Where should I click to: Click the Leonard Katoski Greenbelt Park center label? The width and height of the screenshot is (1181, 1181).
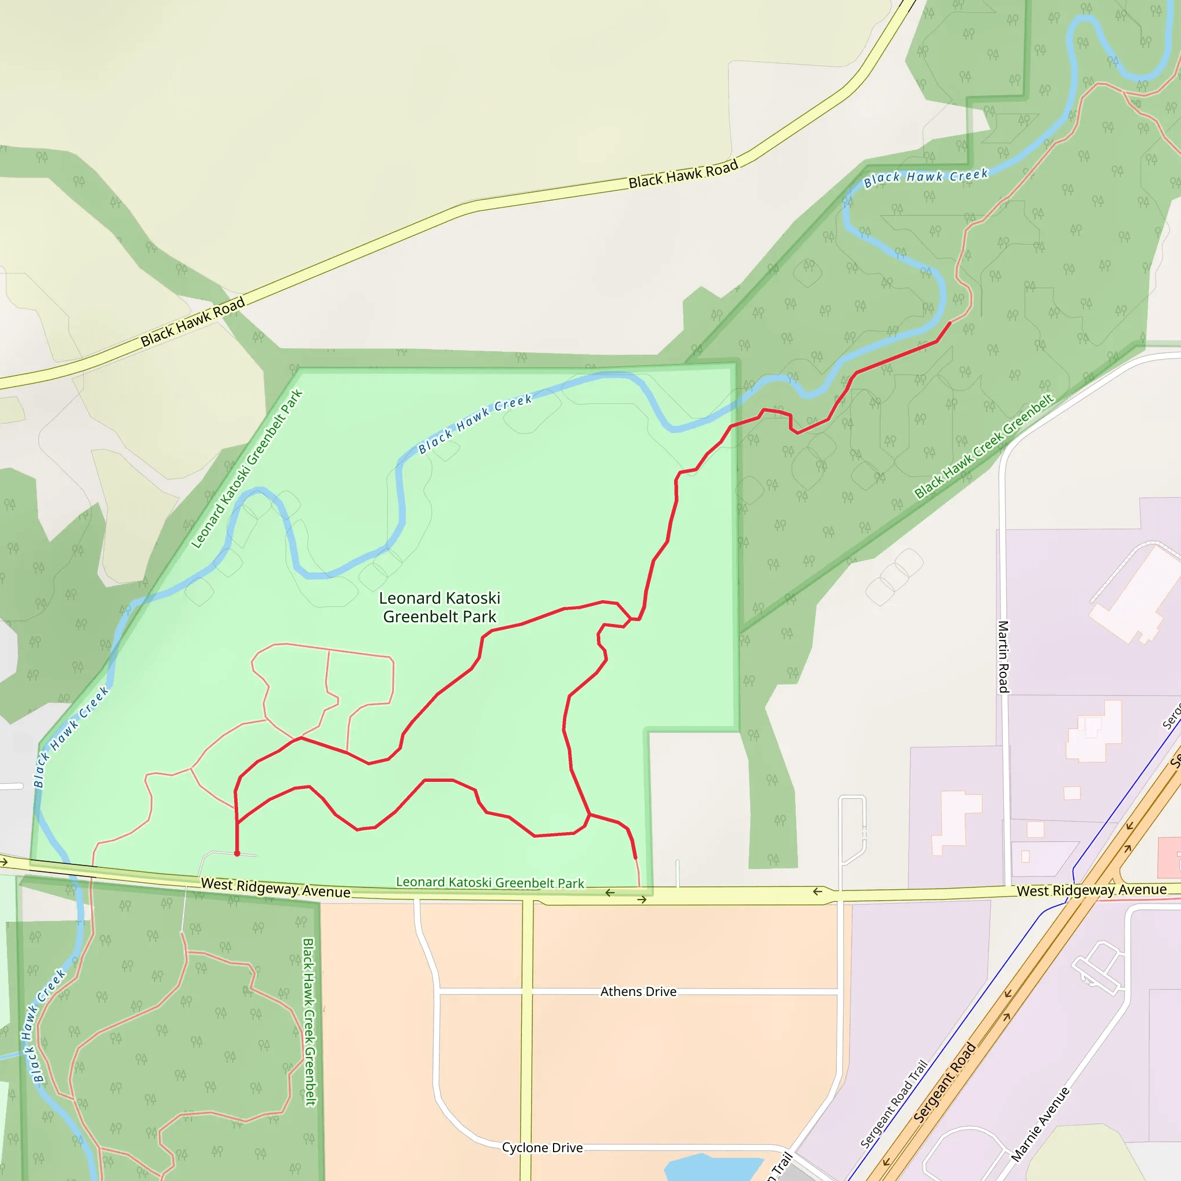[x=439, y=607]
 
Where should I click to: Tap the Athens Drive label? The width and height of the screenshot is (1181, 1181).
[x=638, y=991]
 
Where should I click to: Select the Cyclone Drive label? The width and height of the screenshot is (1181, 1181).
[x=542, y=1148]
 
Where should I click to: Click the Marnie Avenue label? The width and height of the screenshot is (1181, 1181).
[x=1040, y=1124]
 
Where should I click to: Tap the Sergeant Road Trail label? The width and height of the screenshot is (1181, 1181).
[x=894, y=1104]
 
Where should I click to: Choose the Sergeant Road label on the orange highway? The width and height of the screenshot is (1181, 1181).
[x=945, y=1082]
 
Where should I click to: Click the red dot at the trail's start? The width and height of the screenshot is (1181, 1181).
[x=237, y=853]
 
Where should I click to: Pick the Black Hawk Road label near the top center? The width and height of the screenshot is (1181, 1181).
[x=683, y=174]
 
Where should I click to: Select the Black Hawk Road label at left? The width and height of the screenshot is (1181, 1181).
[x=193, y=322]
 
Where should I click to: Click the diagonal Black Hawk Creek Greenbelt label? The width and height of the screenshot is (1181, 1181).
[x=984, y=446]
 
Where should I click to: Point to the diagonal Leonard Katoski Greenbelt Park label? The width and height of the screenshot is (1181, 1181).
[x=247, y=469]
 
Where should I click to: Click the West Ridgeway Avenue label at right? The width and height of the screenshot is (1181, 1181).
[x=1091, y=890]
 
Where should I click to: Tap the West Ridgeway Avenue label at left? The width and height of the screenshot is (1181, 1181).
[x=276, y=887]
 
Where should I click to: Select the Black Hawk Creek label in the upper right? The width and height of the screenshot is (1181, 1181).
[x=926, y=177]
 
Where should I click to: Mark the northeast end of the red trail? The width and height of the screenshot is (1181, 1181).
[x=950, y=322]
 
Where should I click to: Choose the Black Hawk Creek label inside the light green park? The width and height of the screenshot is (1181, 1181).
[x=475, y=424]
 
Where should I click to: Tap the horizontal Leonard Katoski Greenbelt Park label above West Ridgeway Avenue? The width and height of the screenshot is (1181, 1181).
[x=490, y=882]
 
